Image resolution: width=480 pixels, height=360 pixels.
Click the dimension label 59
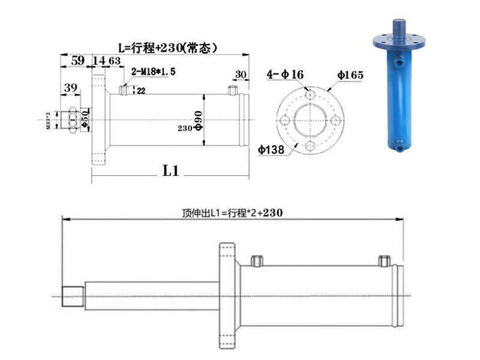point(77,61)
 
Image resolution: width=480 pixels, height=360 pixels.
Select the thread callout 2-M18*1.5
point(154,71)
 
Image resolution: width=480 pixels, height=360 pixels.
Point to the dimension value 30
point(241,74)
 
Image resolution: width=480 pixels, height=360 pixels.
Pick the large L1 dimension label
point(171,170)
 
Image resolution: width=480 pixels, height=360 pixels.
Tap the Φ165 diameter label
point(350,76)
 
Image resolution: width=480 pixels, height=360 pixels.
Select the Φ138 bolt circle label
point(271,150)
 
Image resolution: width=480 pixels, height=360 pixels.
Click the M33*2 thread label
point(48,119)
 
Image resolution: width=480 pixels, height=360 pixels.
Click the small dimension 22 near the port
point(141,91)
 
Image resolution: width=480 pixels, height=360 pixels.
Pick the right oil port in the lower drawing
point(384,260)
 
